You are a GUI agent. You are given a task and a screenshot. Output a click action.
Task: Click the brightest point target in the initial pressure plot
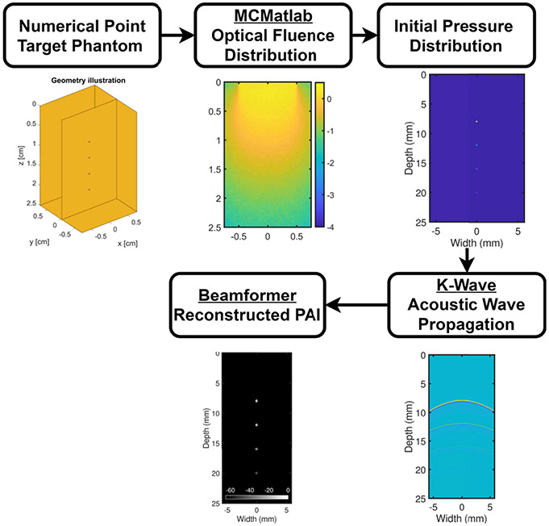tap(476, 122)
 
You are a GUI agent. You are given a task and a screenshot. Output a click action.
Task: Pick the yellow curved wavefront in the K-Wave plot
tap(461, 400)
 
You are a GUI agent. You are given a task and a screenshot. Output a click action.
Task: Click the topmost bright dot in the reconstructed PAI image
tap(256, 400)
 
